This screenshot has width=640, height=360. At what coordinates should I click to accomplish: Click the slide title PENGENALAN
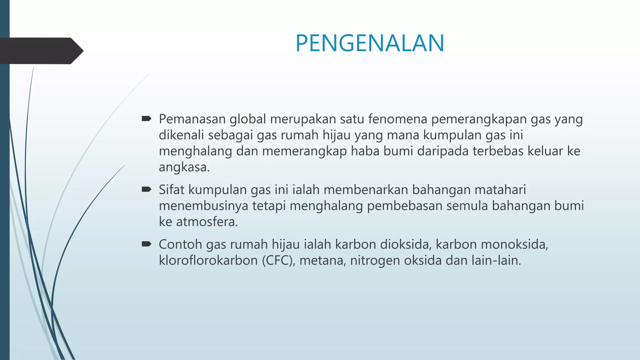(x=370, y=43)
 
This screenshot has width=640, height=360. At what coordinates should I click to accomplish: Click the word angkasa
(x=184, y=167)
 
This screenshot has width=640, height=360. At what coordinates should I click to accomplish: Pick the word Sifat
(x=172, y=190)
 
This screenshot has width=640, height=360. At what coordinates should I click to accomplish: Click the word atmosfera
(x=207, y=222)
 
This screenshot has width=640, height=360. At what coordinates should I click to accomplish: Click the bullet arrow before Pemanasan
(x=147, y=118)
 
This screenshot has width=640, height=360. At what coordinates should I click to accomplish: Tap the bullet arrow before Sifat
(x=147, y=189)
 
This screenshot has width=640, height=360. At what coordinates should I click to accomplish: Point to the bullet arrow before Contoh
(x=147, y=244)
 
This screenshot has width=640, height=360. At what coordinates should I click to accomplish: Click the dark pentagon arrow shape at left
(x=41, y=51)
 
